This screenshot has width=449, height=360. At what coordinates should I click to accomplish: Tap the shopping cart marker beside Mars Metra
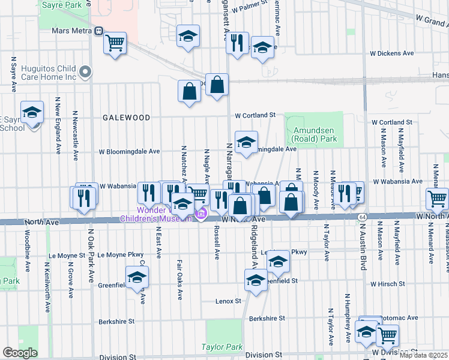pyautogui.click(x=114, y=43)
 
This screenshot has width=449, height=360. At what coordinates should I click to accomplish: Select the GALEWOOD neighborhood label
pyautogui.click(x=126, y=118)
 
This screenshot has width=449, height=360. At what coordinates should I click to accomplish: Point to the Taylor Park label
pyautogui.click(x=221, y=347)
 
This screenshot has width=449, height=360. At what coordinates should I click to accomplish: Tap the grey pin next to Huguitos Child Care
pyautogui.click(x=85, y=73)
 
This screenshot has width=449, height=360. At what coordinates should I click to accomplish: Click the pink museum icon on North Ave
pyautogui.click(x=202, y=214)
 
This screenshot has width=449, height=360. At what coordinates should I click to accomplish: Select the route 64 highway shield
pyautogui.click(x=361, y=216)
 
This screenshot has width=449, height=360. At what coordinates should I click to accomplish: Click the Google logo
pyautogui.click(x=20, y=353)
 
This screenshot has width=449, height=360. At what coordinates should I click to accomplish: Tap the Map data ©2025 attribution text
pyautogui.click(x=423, y=355)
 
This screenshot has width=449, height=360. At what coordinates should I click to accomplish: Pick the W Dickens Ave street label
pyautogui.click(x=391, y=53)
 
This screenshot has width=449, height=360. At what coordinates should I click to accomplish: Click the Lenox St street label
pyautogui.click(x=228, y=301)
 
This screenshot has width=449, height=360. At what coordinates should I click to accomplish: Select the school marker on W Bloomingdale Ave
pyautogui.click(x=246, y=143)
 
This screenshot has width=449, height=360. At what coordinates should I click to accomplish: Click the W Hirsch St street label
pyautogui.click(x=392, y=284)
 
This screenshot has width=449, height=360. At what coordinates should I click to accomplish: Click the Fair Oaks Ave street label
pyautogui.click(x=179, y=280)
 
